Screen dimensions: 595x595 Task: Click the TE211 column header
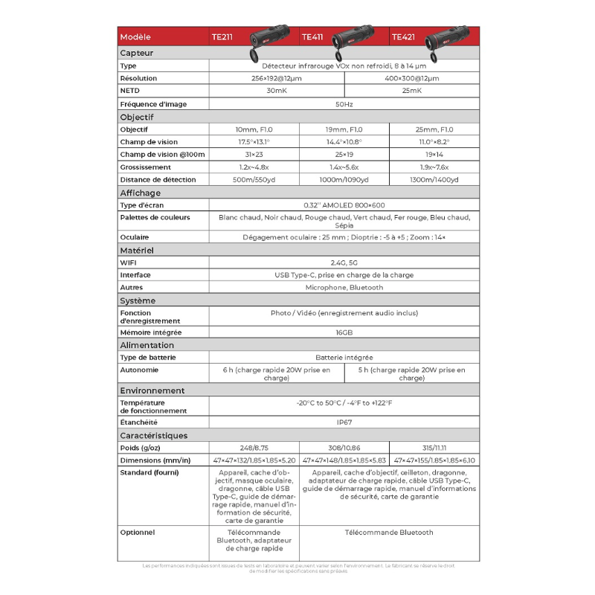222,36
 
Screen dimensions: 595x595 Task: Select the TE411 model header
313,36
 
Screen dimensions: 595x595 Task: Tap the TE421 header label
403,36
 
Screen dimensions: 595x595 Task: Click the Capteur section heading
137,53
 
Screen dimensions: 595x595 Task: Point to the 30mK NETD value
277,90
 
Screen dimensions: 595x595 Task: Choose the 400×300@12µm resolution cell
412,78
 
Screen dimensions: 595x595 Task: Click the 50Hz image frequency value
344,104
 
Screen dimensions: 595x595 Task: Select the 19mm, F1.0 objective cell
344,129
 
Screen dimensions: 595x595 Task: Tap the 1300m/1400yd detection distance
434,179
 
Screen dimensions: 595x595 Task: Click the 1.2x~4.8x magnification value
254,167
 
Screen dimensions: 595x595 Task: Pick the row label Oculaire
135,237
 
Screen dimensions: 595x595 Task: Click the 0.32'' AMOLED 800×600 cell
344,205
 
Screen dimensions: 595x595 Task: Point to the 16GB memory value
344,332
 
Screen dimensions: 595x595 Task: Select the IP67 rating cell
344,422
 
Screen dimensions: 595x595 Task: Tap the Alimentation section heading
147,345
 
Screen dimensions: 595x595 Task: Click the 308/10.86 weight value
344,448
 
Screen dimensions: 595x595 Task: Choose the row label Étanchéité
140,422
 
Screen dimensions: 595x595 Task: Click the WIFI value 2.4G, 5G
344,263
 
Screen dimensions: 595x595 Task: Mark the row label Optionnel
138,533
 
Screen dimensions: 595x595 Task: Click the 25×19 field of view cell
344,155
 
